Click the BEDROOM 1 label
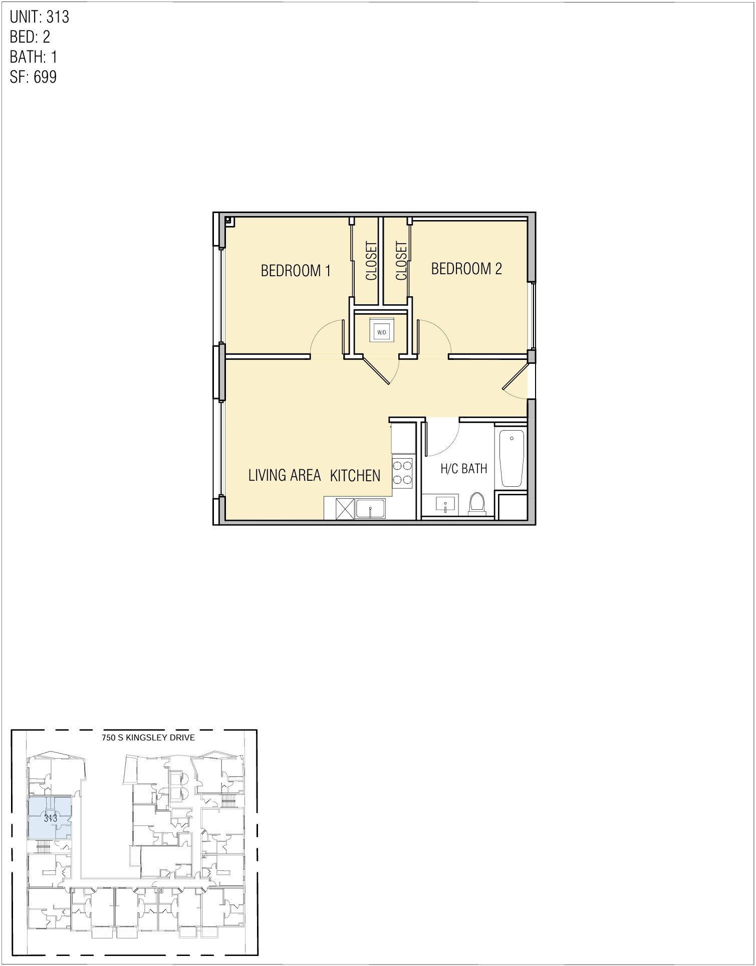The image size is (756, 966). pos(296,271)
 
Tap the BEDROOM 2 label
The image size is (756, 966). pos(466,269)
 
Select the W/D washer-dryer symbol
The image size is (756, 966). pos(382,332)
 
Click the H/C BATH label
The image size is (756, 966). pos(463,469)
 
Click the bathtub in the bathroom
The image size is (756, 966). pos(512,458)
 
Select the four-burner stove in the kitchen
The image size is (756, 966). pos(402,472)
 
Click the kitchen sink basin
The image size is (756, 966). pos(370,509)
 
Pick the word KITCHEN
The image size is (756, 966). pos(355,475)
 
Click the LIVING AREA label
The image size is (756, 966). pos(284,475)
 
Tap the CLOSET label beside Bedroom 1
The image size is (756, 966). pos(371,261)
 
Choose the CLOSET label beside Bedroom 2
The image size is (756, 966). pos(401,261)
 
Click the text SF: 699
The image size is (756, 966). pos(33,77)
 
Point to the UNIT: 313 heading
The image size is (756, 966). pos(40,17)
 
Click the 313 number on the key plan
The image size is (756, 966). pos(50,819)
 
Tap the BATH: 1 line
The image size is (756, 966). pos(34,57)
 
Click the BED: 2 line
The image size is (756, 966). pos(30,37)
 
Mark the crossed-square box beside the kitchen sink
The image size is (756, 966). pos(345,509)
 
